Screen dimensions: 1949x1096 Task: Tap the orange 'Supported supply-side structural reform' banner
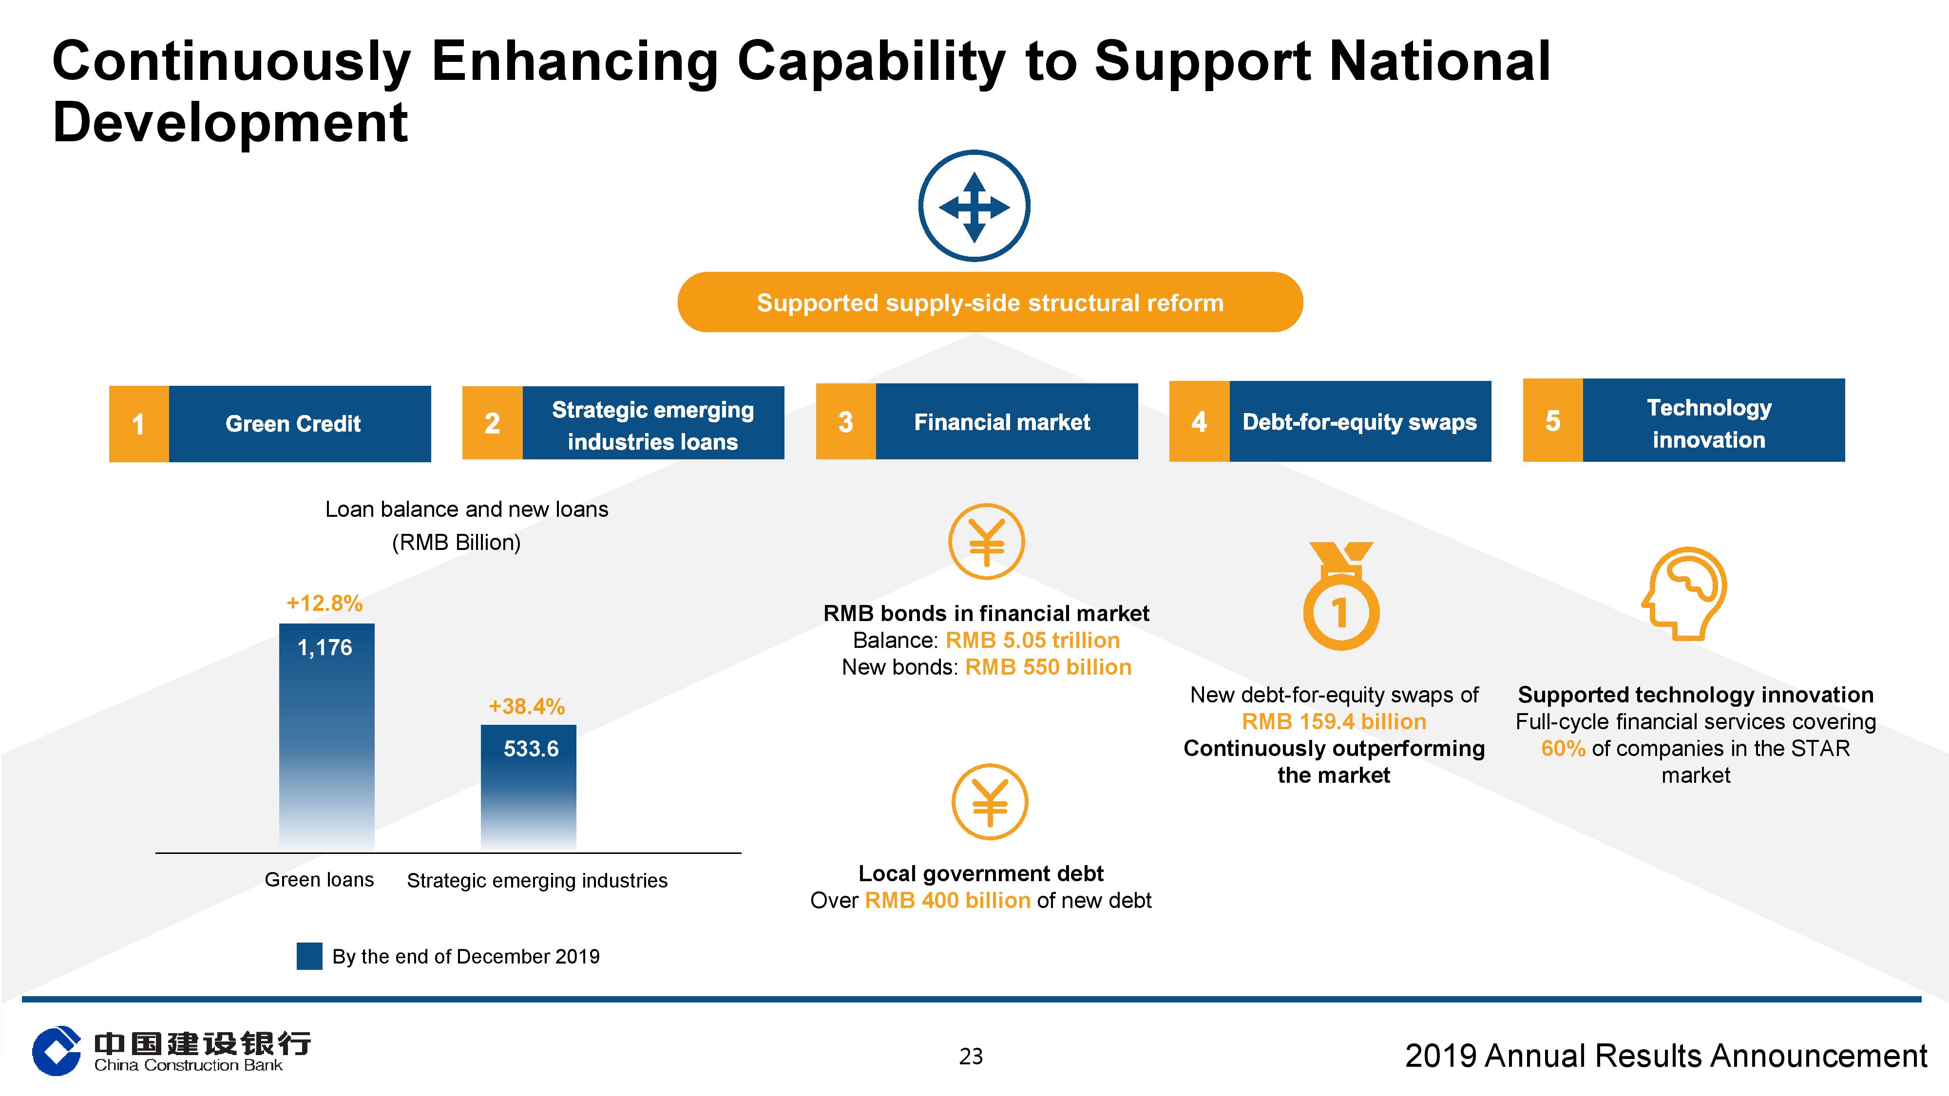tap(990, 302)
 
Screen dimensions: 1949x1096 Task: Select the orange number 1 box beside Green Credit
tap(138, 424)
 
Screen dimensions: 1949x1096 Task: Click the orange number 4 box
tap(1199, 421)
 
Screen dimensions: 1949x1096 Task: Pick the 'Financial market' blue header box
tap(1006, 421)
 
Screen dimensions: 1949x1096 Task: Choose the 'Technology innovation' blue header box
tap(1714, 420)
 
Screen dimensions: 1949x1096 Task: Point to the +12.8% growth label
tap(325, 603)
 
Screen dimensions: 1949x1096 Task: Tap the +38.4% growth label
tap(527, 706)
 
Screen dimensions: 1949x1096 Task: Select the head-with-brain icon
tap(1684, 594)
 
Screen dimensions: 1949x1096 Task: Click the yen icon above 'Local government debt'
tap(990, 802)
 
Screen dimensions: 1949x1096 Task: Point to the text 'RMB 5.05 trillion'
tap(1033, 640)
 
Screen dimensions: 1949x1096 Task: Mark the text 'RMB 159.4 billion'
tap(1334, 721)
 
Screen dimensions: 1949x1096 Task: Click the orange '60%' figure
tap(1563, 748)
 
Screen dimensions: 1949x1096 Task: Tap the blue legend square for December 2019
tap(309, 956)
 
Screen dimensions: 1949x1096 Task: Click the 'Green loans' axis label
tap(319, 880)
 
